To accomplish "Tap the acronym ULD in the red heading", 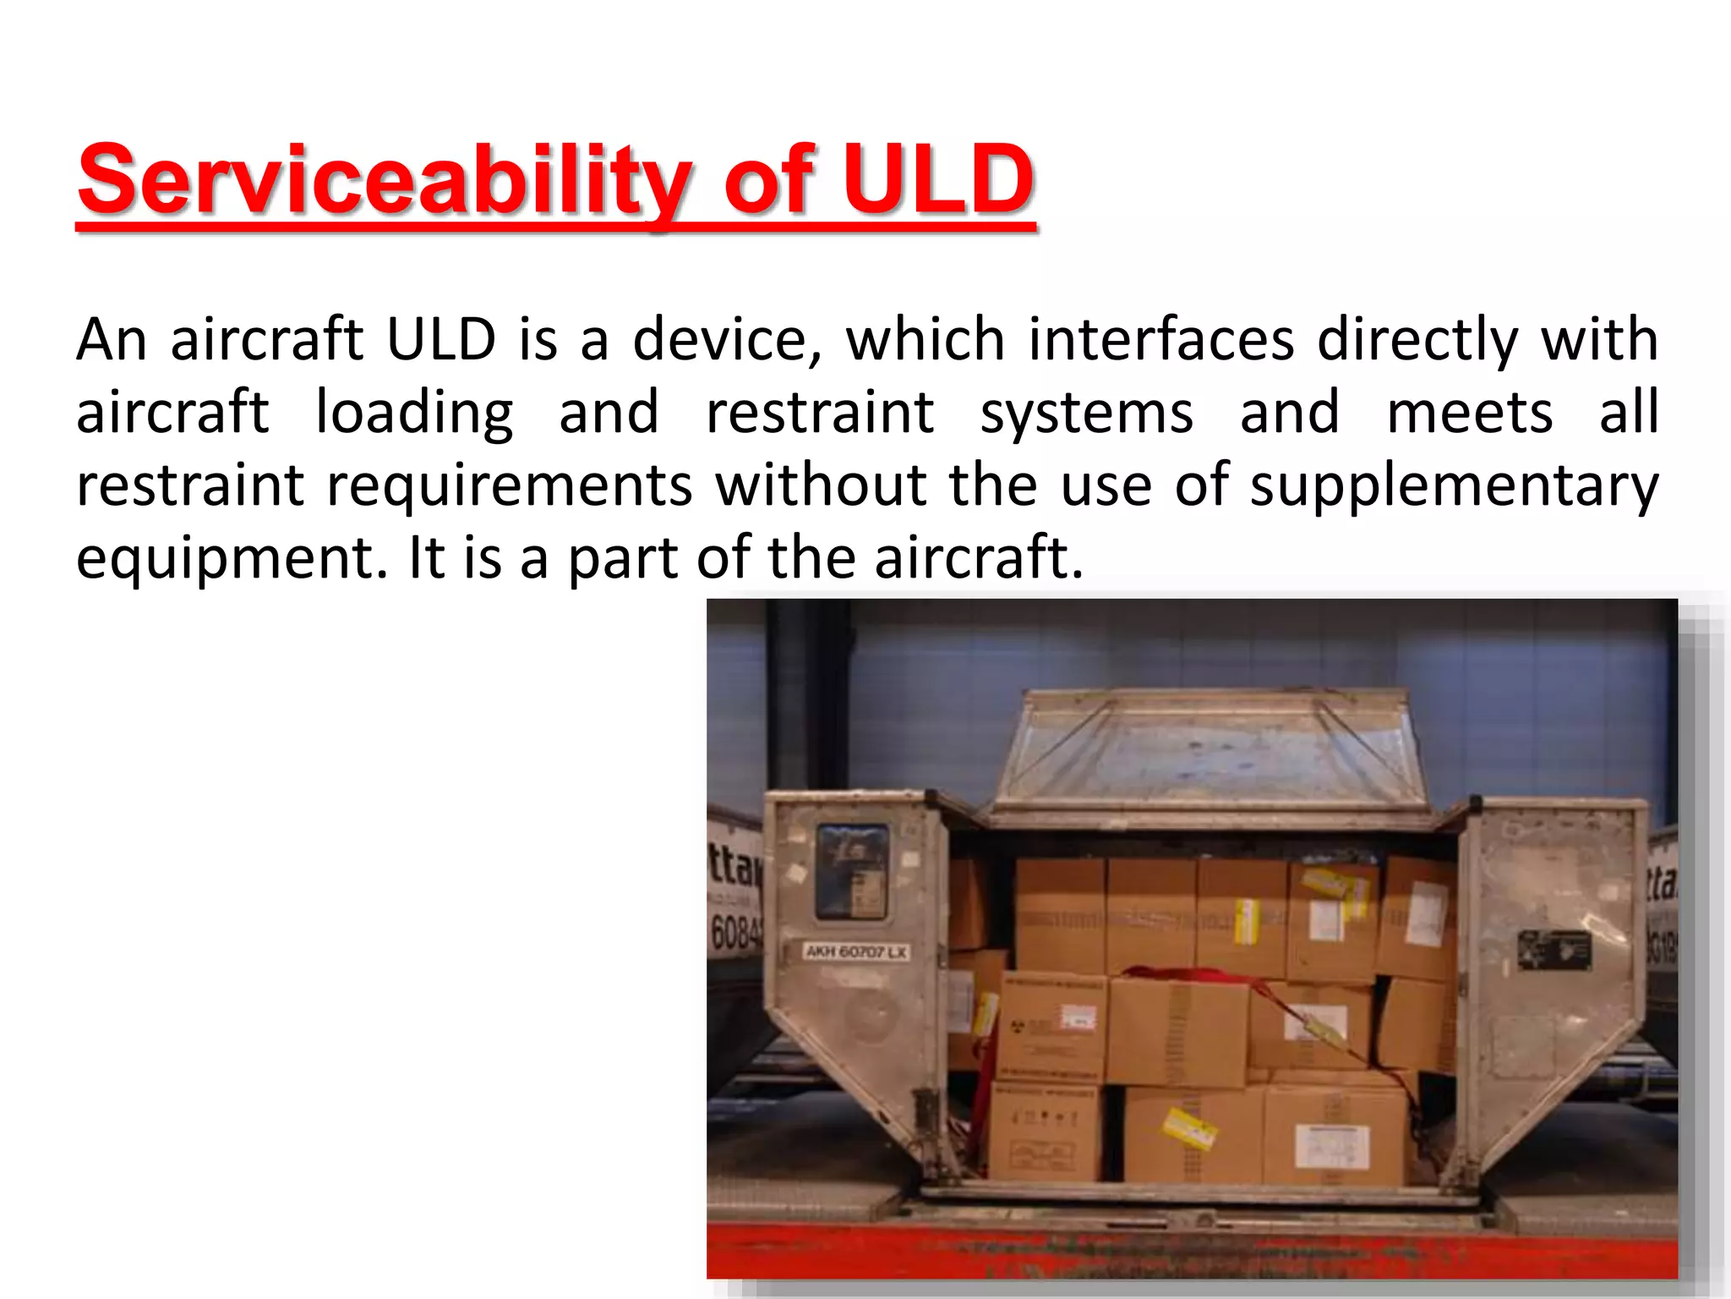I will (938, 180).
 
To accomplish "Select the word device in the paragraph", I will (727, 340).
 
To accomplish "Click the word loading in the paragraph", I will (414, 413).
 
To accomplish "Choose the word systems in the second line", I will (1086, 413).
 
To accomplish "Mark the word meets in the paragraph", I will (1469, 413).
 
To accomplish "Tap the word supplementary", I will (1454, 487).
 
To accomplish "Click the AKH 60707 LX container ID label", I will (856, 952).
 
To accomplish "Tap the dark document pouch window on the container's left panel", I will (852, 871).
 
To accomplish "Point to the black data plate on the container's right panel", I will (1554, 949).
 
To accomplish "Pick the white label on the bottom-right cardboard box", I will (1330, 1147).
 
